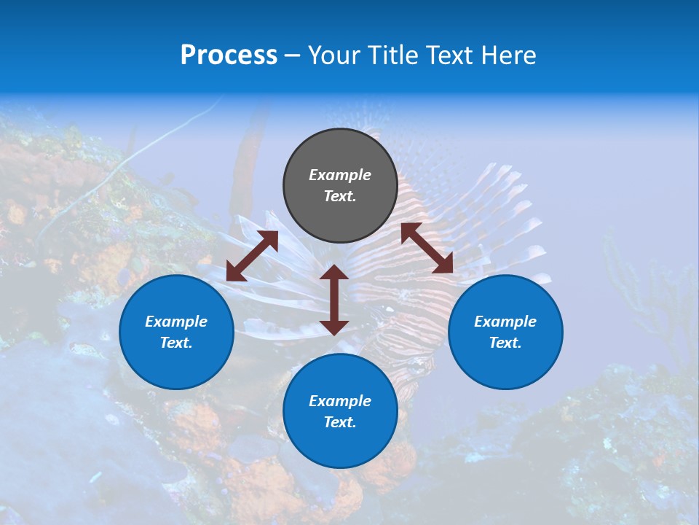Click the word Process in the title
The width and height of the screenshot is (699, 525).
pos(229,55)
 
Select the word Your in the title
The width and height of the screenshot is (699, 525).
pos(334,55)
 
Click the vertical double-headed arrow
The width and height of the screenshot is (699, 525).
pos(334,300)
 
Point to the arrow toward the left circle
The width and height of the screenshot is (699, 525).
pos(252,256)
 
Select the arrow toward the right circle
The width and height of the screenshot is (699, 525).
pos(427,249)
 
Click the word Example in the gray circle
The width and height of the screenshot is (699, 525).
pos(340,175)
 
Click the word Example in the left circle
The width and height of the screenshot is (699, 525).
pos(176,322)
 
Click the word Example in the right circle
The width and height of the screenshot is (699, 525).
pos(505,322)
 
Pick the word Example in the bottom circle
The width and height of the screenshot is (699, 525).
pos(340,401)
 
